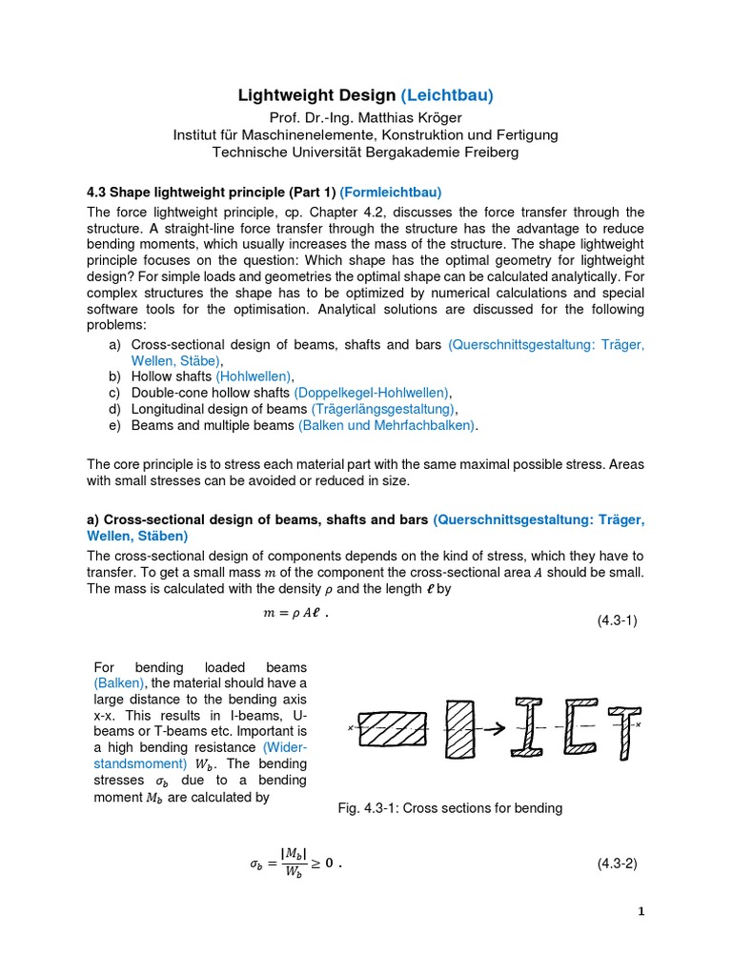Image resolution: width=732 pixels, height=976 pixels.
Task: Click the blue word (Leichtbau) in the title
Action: click(447, 95)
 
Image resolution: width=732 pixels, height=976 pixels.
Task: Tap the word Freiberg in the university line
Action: click(486, 152)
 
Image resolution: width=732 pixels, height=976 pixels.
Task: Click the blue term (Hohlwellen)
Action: click(254, 376)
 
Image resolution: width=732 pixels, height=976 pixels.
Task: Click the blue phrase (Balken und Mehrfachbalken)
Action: click(386, 425)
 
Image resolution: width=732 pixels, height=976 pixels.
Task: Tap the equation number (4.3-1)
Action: click(617, 620)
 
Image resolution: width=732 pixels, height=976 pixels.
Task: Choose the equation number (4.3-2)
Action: click(617, 864)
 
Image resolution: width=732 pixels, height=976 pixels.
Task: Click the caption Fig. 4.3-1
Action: click(450, 808)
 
